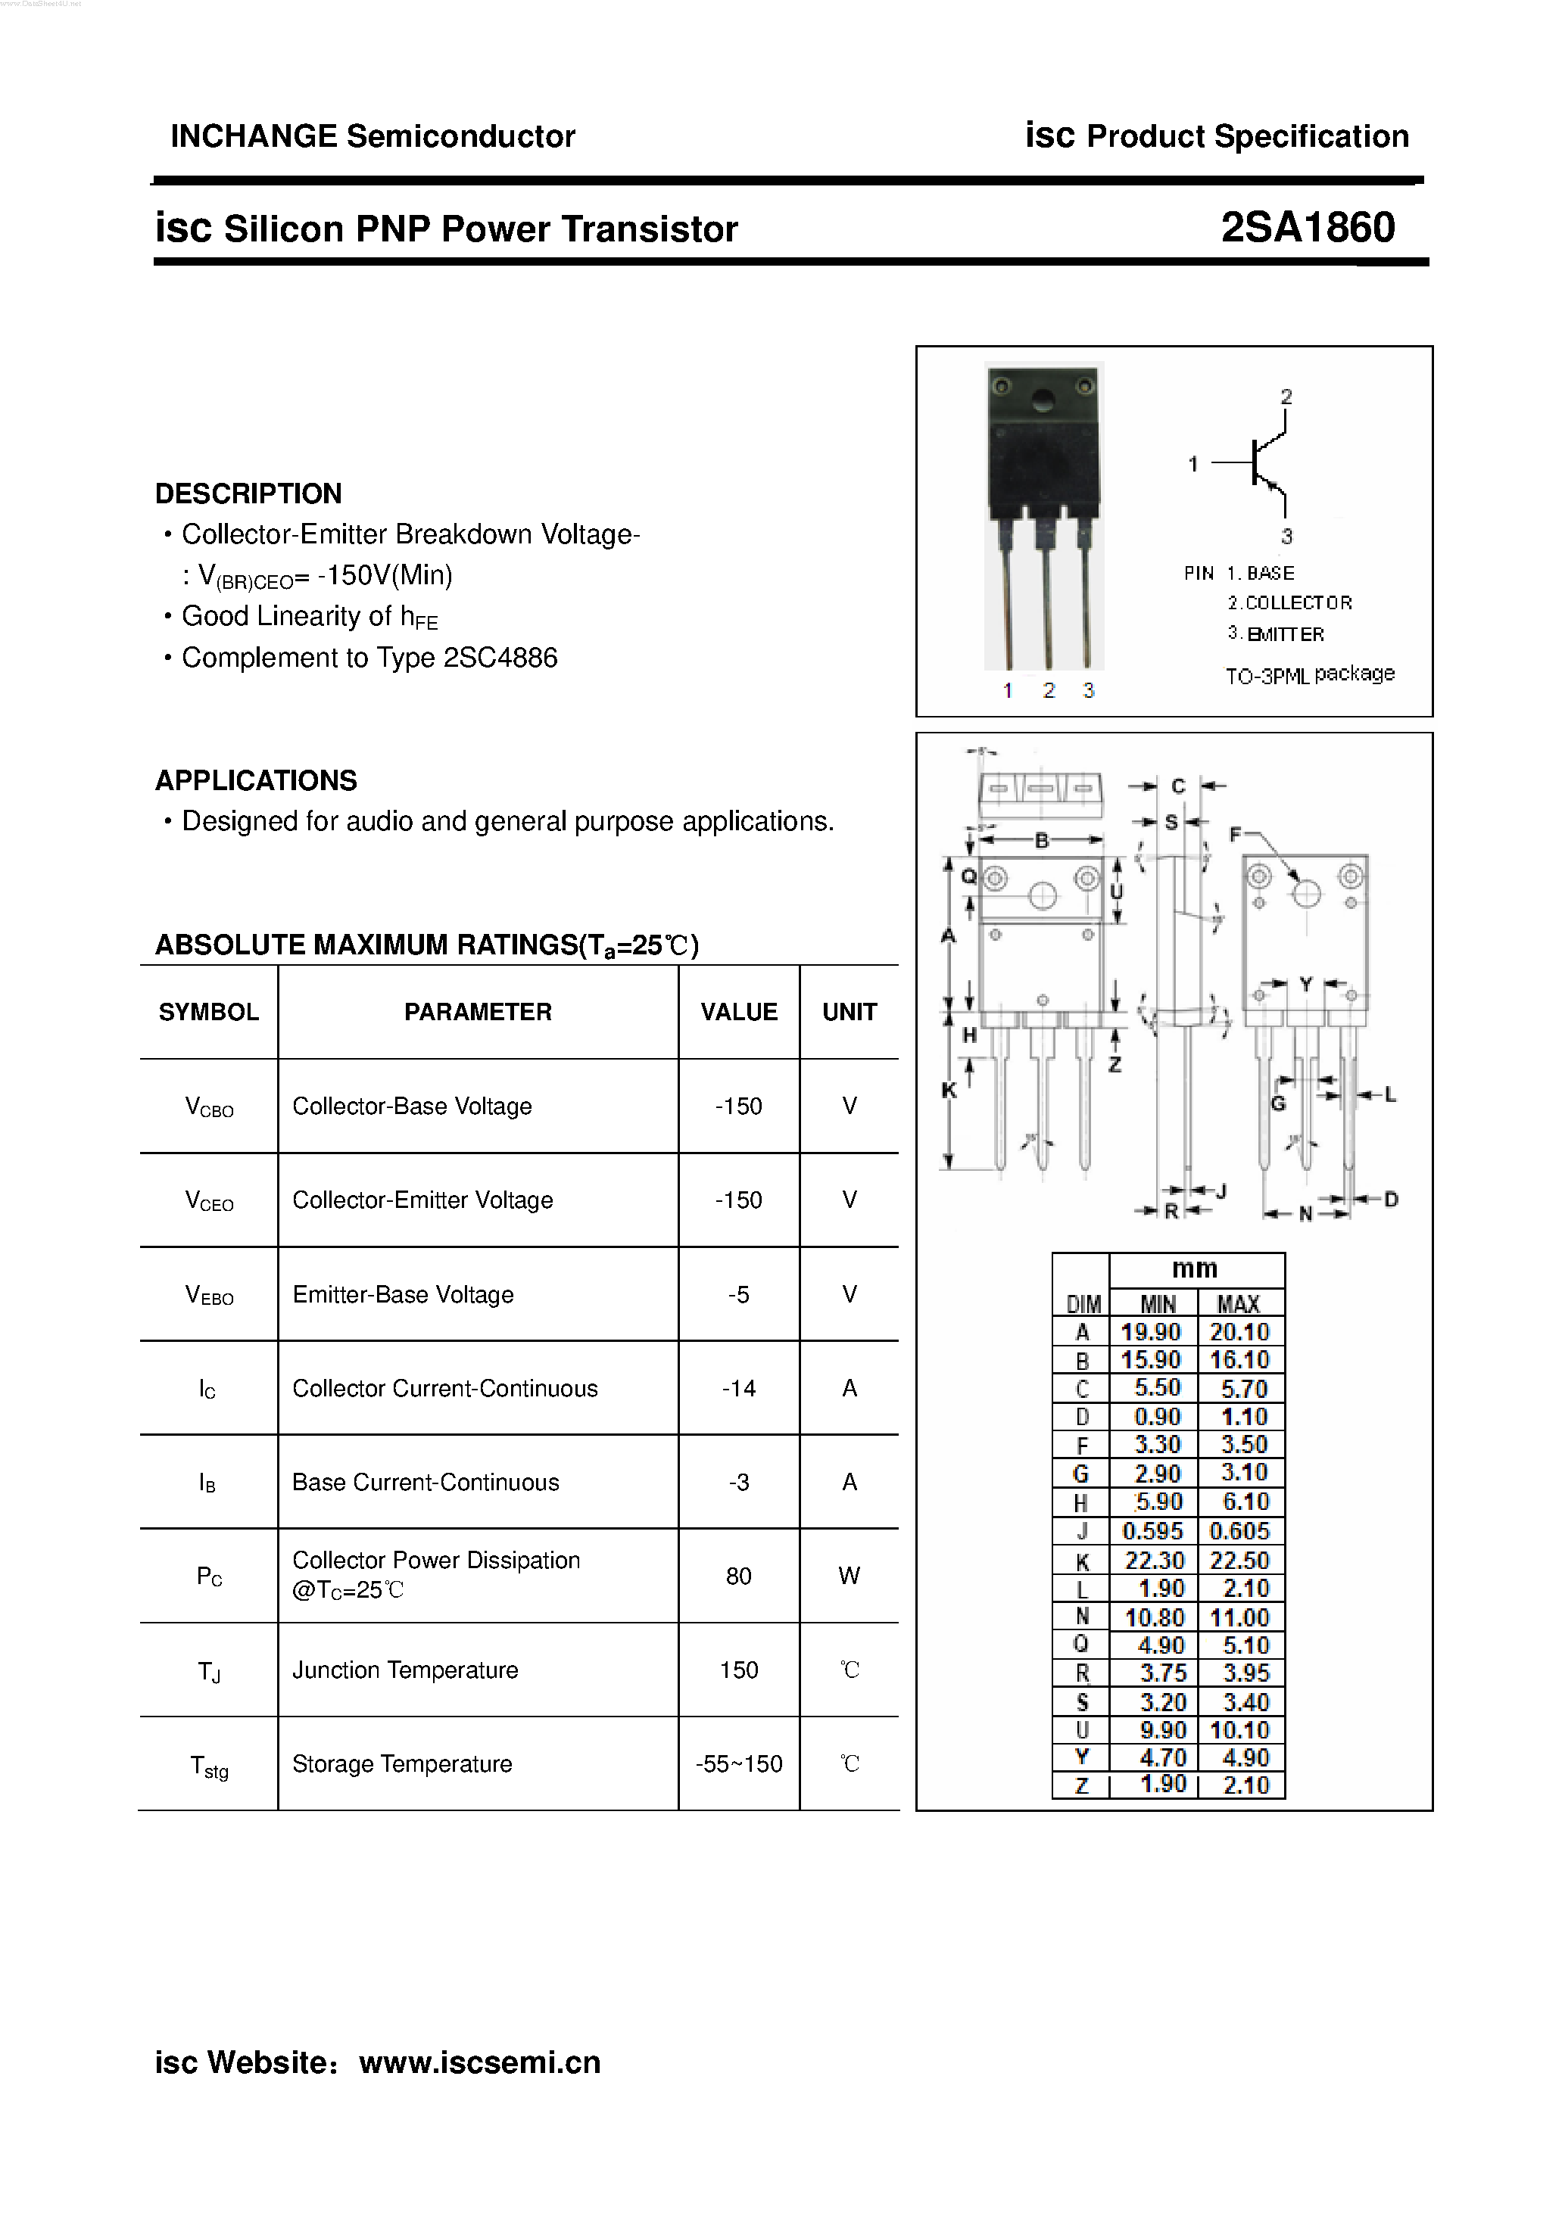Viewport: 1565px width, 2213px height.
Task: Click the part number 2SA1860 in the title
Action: [1307, 229]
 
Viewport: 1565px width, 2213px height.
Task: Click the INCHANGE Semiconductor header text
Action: [373, 136]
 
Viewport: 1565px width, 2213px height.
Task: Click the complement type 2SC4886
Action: [500, 658]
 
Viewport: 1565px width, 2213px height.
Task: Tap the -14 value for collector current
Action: [739, 1388]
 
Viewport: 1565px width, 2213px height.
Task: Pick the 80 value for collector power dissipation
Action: [739, 1576]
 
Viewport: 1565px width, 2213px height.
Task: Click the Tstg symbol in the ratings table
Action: [209, 1766]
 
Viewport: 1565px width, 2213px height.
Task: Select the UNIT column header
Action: [849, 1012]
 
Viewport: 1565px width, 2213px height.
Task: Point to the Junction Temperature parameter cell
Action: [405, 1670]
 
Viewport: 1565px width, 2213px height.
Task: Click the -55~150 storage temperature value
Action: [739, 1764]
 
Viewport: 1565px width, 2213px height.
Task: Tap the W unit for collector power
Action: [849, 1576]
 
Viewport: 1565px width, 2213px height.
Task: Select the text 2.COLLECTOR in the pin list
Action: [1289, 603]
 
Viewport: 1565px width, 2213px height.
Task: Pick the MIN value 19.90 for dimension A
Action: [1150, 1332]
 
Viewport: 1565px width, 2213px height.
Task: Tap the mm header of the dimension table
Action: [1195, 1269]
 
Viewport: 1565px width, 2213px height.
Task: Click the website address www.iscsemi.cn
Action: [479, 2062]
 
